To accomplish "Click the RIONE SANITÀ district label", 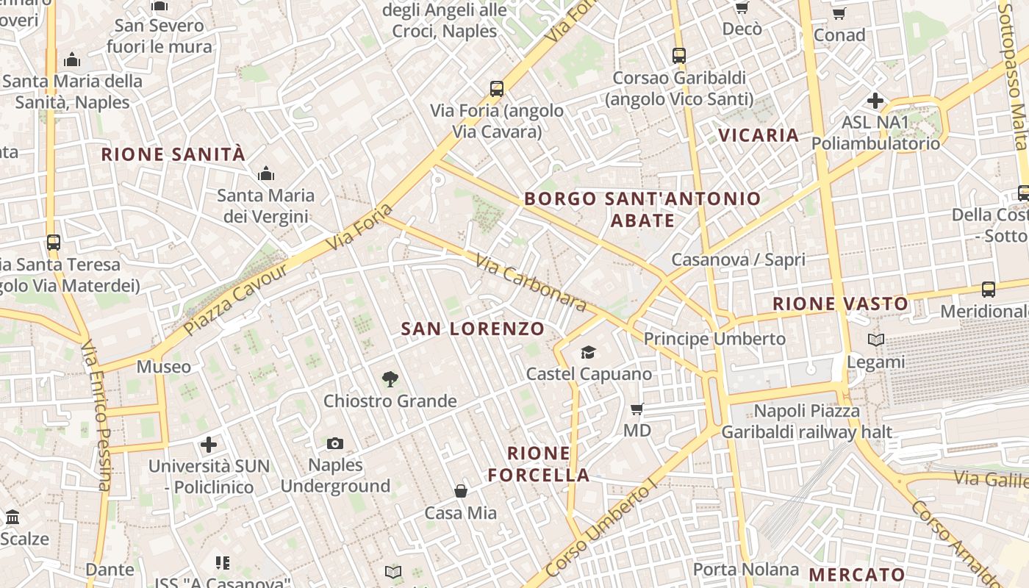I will click(x=173, y=154).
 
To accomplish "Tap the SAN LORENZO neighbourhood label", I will click(x=473, y=329).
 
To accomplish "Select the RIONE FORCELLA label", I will click(x=539, y=464).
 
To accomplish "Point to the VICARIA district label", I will click(x=759, y=135).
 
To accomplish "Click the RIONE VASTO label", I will click(x=840, y=304).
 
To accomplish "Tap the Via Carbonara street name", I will click(x=531, y=283).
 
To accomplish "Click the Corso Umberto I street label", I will click(x=600, y=528).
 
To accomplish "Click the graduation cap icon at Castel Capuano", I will click(x=588, y=353).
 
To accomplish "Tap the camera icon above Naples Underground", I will click(x=335, y=443).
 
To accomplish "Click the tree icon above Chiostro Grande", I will click(x=390, y=379).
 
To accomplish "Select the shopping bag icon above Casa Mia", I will click(x=461, y=490).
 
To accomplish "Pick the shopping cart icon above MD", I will click(x=637, y=409).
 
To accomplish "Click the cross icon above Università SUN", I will click(x=209, y=445).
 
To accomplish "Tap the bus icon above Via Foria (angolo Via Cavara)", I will click(x=497, y=90).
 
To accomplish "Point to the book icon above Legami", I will click(x=875, y=340).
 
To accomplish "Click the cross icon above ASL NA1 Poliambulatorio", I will click(x=875, y=101).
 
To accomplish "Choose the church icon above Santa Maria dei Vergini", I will click(x=265, y=174).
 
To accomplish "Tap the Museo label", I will click(x=164, y=366).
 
